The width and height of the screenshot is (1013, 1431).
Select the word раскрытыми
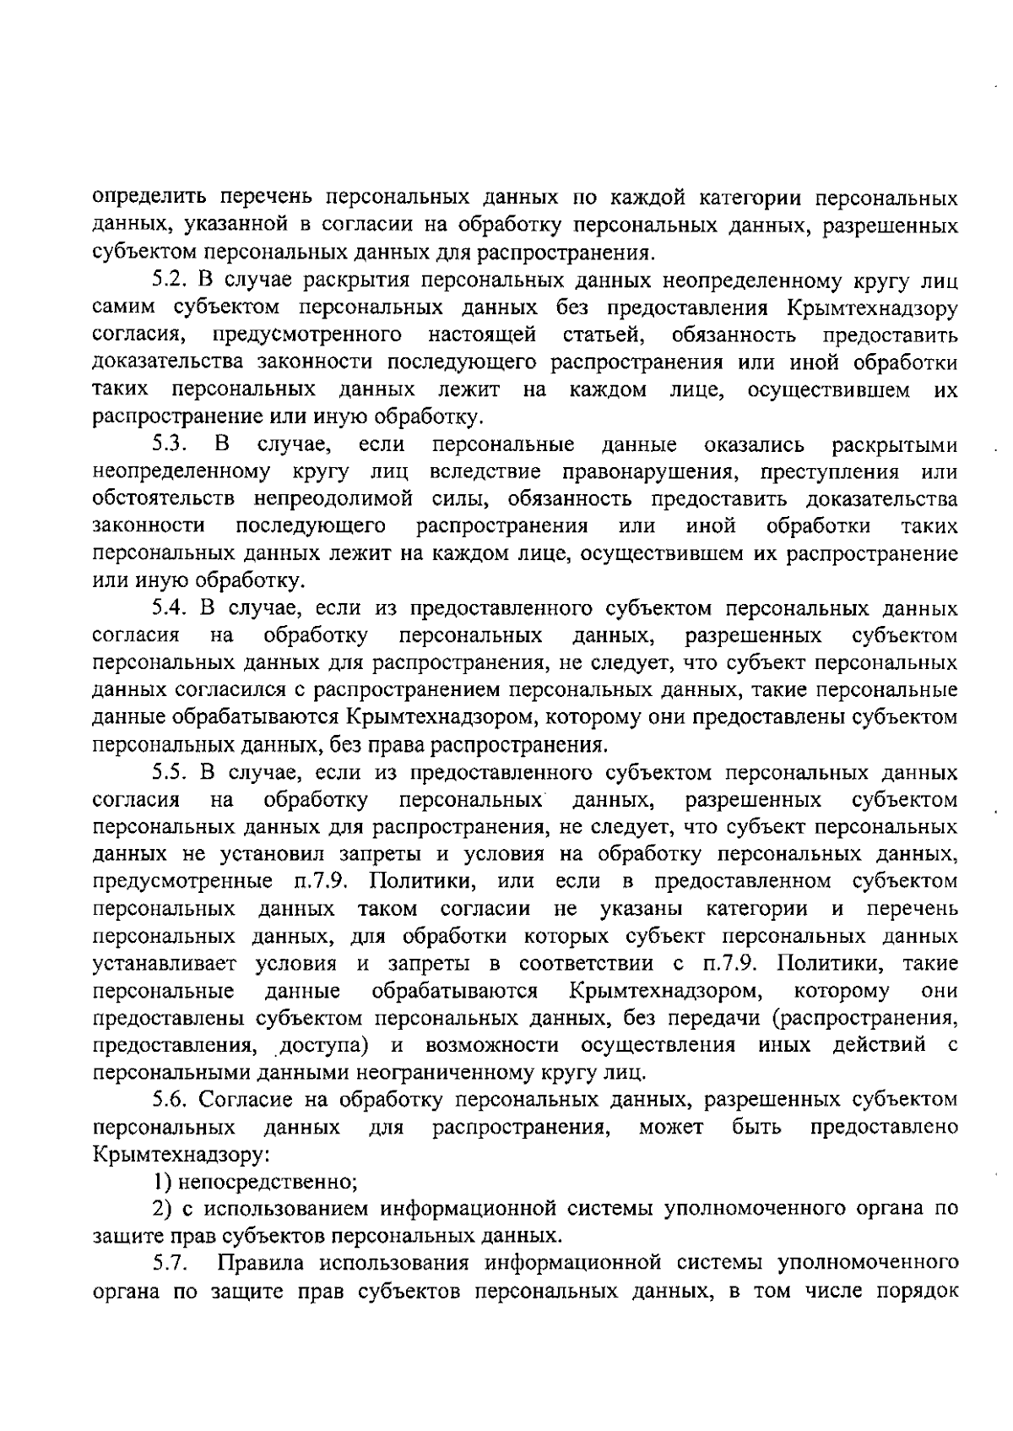point(895,444)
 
